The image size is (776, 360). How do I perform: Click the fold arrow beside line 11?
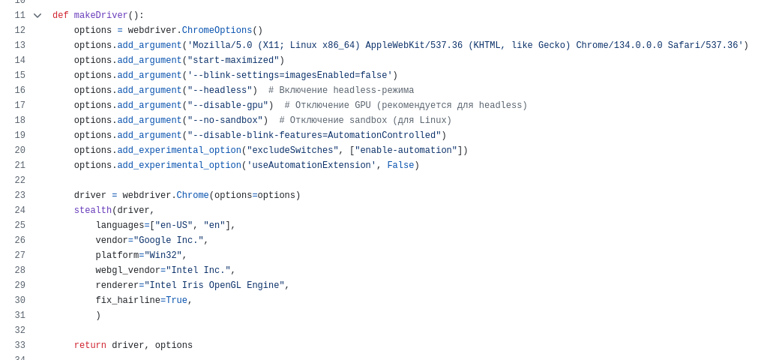[x=37, y=16]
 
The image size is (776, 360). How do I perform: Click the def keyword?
[x=61, y=15]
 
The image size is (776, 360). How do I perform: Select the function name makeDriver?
[x=101, y=15]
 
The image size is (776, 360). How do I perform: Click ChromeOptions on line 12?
[x=217, y=30]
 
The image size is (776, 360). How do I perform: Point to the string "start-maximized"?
[x=233, y=61]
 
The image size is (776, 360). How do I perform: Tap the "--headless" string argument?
[x=220, y=90]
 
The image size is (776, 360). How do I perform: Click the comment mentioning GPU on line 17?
[x=406, y=106]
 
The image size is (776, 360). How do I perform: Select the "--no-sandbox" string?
[x=225, y=120]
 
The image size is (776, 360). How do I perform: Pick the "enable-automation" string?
[x=406, y=150]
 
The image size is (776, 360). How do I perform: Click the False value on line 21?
[x=400, y=166]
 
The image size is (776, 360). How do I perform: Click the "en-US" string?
[x=174, y=225]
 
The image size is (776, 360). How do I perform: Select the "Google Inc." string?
[x=168, y=240]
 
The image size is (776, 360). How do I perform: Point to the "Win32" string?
[x=163, y=255]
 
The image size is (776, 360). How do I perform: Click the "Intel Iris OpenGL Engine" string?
[x=214, y=285]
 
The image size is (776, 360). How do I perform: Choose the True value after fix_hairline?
[x=177, y=300]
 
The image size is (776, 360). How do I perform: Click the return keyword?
[x=90, y=345]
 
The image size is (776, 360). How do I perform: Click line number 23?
[x=19, y=195]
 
